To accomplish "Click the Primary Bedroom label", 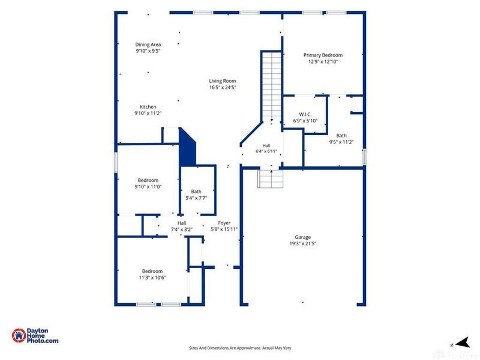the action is point(323,55).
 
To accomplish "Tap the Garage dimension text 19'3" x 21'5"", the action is point(303,244).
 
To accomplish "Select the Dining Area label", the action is point(148,44).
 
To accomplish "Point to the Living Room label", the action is point(223,81).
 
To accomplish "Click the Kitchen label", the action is point(148,107).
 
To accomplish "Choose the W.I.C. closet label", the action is point(305,115).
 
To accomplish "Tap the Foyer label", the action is point(224,223).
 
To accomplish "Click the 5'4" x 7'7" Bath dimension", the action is point(196,198).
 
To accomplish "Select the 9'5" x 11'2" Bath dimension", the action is point(341,142).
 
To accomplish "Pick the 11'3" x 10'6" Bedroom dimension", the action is point(152,278).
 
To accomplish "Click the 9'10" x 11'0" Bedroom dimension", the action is point(148,187).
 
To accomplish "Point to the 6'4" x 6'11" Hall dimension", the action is point(266,151).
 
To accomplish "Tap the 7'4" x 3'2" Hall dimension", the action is point(182,229).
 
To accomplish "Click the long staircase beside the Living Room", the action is point(272,87).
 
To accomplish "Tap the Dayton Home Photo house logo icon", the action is point(19,335).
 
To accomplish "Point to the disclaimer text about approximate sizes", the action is point(240,348).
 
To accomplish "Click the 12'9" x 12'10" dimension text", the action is point(323,62).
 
